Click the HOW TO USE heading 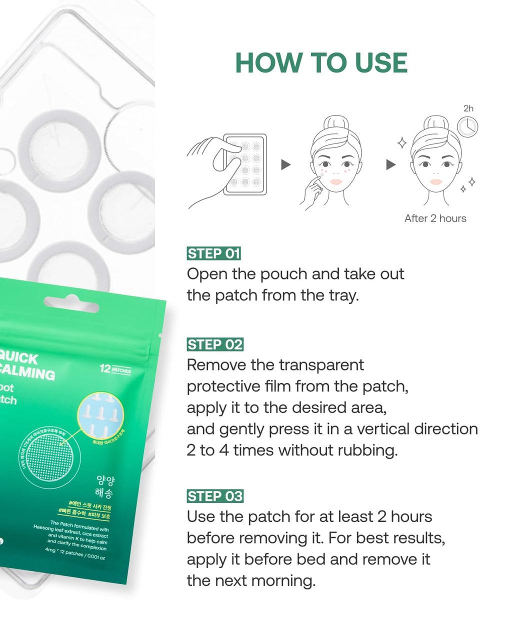[321, 63]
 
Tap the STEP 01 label [213, 253]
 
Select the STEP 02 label [214, 344]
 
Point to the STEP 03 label [214, 496]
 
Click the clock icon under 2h [467, 126]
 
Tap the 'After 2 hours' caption [435, 218]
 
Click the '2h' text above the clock [468, 108]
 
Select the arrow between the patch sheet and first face [285, 164]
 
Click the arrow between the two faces [390, 164]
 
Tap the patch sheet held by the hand [245, 164]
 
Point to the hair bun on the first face [336, 124]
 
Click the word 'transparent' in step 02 [320, 365]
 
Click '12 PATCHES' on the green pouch [115, 369]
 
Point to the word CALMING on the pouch [27, 372]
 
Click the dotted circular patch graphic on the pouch [49, 456]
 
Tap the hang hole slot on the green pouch [71, 303]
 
